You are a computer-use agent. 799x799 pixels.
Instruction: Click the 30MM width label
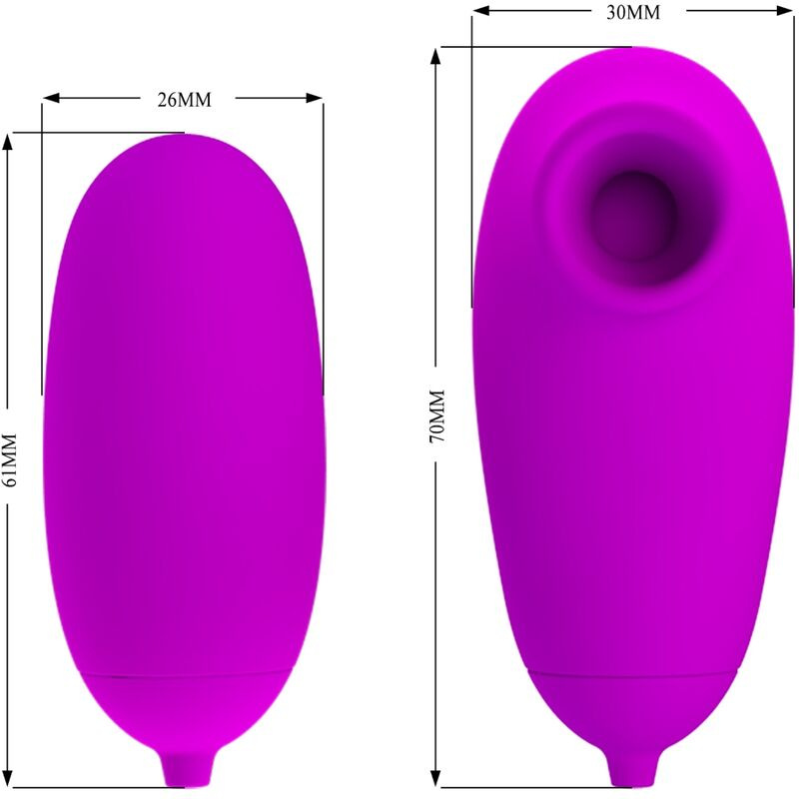pyautogui.click(x=633, y=12)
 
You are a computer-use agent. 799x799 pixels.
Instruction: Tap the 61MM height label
pyautogui.click(x=10, y=459)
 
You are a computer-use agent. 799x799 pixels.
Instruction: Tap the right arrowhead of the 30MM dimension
pyautogui.click(x=788, y=12)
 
